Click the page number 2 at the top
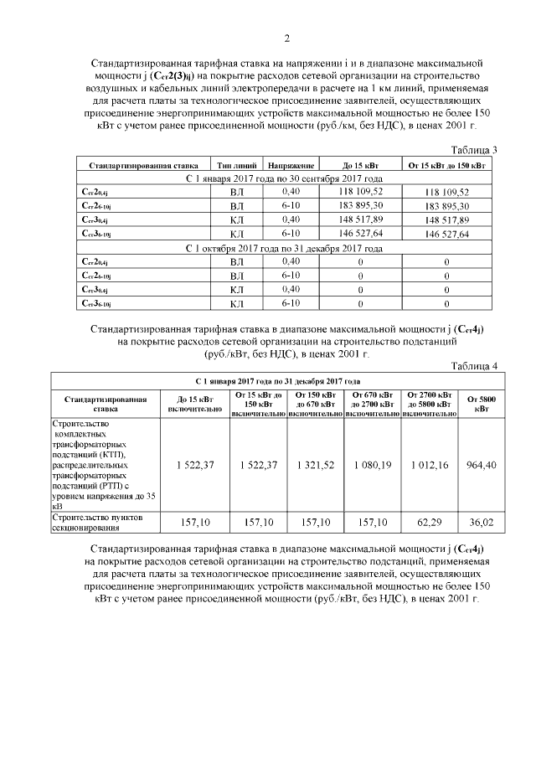pyautogui.click(x=286, y=39)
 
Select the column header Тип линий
pyautogui.click(x=236, y=166)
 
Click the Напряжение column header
pyautogui.click(x=291, y=166)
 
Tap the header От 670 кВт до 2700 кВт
pyautogui.click(x=372, y=404)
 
